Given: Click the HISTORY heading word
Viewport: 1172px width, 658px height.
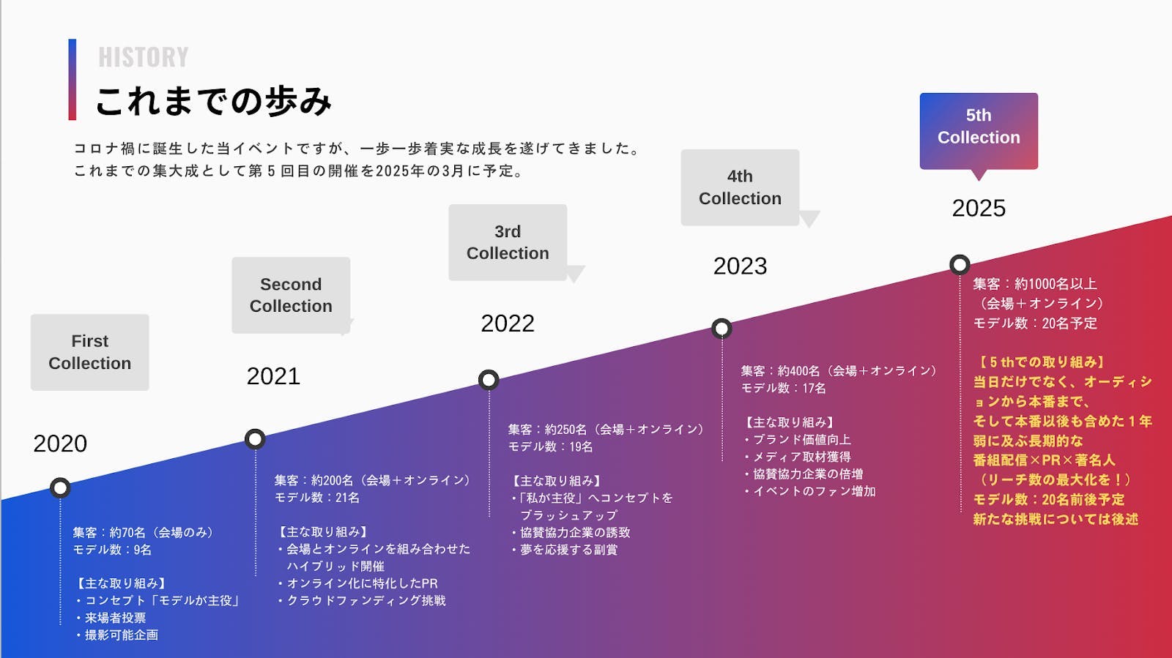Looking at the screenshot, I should pyautogui.click(x=144, y=57).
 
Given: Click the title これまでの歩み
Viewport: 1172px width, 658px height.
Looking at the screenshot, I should pyautogui.click(x=213, y=101).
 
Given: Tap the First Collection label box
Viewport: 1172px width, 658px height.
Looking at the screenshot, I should pyautogui.click(x=90, y=352).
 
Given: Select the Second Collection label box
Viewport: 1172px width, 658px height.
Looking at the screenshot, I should pyautogui.click(x=291, y=295).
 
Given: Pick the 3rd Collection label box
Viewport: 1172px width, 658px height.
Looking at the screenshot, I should pyautogui.click(x=508, y=242).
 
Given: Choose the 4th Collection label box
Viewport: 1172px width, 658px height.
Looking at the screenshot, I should pyautogui.click(x=740, y=187).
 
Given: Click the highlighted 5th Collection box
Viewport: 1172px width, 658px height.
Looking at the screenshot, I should pyautogui.click(x=979, y=130).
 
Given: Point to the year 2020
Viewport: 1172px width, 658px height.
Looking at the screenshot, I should pyautogui.click(x=60, y=444).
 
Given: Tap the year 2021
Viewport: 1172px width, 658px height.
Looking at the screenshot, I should pyautogui.click(x=273, y=376).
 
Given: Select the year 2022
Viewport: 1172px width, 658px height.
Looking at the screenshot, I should pyautogui.click(x=508, y=324).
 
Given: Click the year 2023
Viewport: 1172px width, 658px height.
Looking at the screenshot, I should pyautogui.click(x=740, y=266).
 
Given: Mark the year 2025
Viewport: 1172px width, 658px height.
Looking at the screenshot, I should pyautogui.click(x=979, y=209).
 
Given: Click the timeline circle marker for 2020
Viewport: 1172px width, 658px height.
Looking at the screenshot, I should pyautogui.click(x=60, y=487).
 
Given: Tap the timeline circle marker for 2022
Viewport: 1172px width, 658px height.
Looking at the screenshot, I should pyautogui.click(x=489, y=380).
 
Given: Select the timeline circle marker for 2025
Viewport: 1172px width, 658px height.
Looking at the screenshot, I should pyautogui.click(x=960, y=264).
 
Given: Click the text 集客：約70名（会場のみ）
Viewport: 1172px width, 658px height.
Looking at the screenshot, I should pyautogui.click(x=143, y=532).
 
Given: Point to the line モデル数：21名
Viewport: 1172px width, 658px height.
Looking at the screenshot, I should pyautogui.click(x=317, y=498).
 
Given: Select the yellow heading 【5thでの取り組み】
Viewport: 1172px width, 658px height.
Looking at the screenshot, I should pyautogui.click(x=1040, y=362).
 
